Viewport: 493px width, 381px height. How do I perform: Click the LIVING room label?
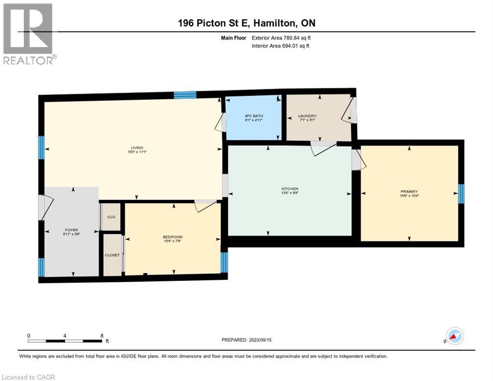pos(137,148)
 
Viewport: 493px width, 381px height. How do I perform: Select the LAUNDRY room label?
pos(308,117)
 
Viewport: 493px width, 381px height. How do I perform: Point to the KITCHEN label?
pos(290,189)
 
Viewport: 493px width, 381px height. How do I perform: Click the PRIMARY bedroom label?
pos(409,191)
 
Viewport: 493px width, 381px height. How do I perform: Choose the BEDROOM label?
pos(173,237)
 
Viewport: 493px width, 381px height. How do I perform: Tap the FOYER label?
pos(71,230)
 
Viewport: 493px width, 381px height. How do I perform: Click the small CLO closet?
pos(112,217)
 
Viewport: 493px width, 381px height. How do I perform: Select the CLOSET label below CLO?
pos(112,255)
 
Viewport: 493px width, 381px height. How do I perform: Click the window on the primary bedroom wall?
pos(461,194)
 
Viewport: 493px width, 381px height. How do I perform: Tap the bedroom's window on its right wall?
pos(224,262)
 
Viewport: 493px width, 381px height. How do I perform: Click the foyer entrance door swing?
pos(46,207)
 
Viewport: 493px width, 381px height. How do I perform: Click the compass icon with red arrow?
pos(454,336)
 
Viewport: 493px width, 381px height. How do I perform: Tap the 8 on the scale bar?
pos(102,335)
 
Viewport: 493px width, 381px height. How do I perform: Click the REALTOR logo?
pos(29,34)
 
